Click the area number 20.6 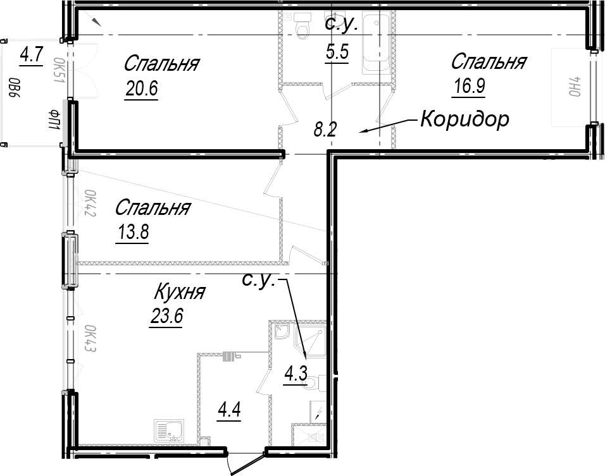coord(142,88)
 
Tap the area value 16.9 coord(469,86)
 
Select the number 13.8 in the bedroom coord(133,232)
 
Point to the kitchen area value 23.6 coord(166,317)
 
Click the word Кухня coord(180,292)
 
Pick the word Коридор coord(465,119)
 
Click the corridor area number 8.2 coord(325,130)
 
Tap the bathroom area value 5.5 coord(337,51)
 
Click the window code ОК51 coord(59,71)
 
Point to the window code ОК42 coord(90,203)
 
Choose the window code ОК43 coord(90,339)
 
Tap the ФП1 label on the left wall coord(54,119)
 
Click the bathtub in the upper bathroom coord(376,42)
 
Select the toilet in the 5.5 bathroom coord(302,26)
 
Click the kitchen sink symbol coord(168,431)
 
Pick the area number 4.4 coord(229,410)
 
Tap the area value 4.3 coord(296,373)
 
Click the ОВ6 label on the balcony coord(15,92)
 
